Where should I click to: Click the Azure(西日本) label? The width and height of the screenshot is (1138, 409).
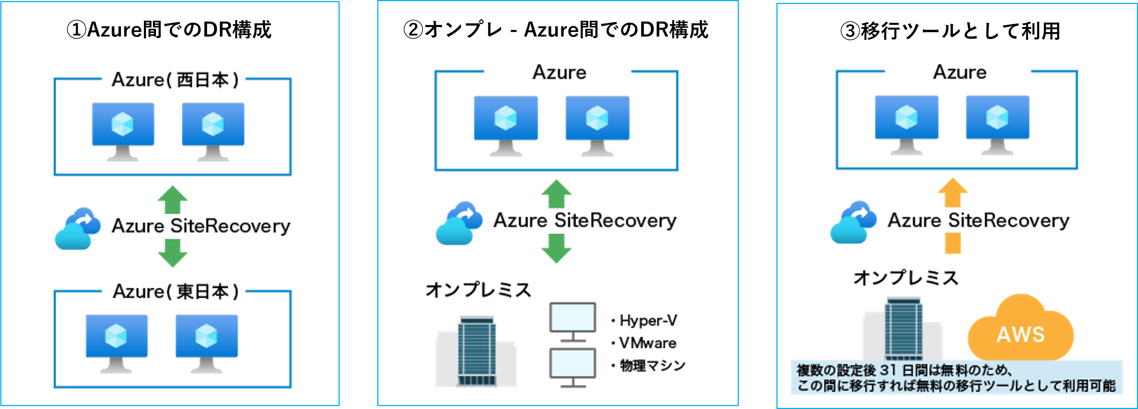[x=175, y=80]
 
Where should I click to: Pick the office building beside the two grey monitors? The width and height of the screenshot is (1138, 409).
[x=476, y=352]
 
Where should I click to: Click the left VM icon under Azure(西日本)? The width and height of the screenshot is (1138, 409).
[x=123, y=130]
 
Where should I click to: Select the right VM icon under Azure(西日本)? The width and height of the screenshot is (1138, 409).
[x=213, y=130]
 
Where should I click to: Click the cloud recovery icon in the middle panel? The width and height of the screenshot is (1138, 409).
[x=458, y=223]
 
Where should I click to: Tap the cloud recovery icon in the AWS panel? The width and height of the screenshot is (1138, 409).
[x=853, y=222]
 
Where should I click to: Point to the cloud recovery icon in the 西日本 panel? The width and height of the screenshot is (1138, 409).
[x=77, y=228]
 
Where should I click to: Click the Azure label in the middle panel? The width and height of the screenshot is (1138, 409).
[x=559, y=73]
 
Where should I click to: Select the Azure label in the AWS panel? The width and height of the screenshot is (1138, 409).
[x=959, y=73]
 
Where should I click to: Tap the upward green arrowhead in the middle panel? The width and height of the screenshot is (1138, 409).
[x=556, y=189]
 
